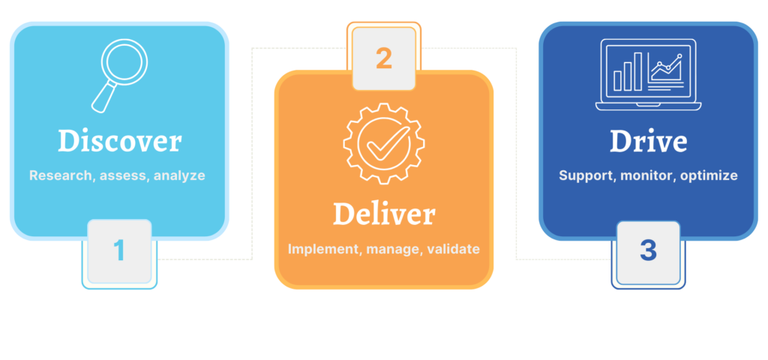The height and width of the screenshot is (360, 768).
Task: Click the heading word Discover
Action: pyautogui.click(x=119, y=142)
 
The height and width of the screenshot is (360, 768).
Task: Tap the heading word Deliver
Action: pyautogui.click(x=383, y=214)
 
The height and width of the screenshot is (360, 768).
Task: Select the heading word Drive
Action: pyautogui.click(x=648, y=142)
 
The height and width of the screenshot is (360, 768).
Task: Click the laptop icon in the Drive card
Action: pyautogui.click(x=648, y=75)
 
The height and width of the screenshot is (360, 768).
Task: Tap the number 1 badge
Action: pyautogui.click(x=119, y=250)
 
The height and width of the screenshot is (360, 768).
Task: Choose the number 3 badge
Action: pyautogui.click(x=648, y=250)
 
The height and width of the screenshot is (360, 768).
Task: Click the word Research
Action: pyautogui.click(x=59, y=176)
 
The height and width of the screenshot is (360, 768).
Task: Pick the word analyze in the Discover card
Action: pyautogui.click(x=179, y=176)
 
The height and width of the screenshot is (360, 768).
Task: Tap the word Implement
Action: pyautogui.click(x=323, y=249)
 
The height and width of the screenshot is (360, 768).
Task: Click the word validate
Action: pyautogui.click(x=453, y=249)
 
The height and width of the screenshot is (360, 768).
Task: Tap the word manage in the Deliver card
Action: pyautogui.click(x=392, y=249)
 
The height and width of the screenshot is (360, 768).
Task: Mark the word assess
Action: pyautogui.click(x=123, y=176)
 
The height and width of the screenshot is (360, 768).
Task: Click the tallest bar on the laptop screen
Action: pyautogui.click(x=638, y=72)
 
